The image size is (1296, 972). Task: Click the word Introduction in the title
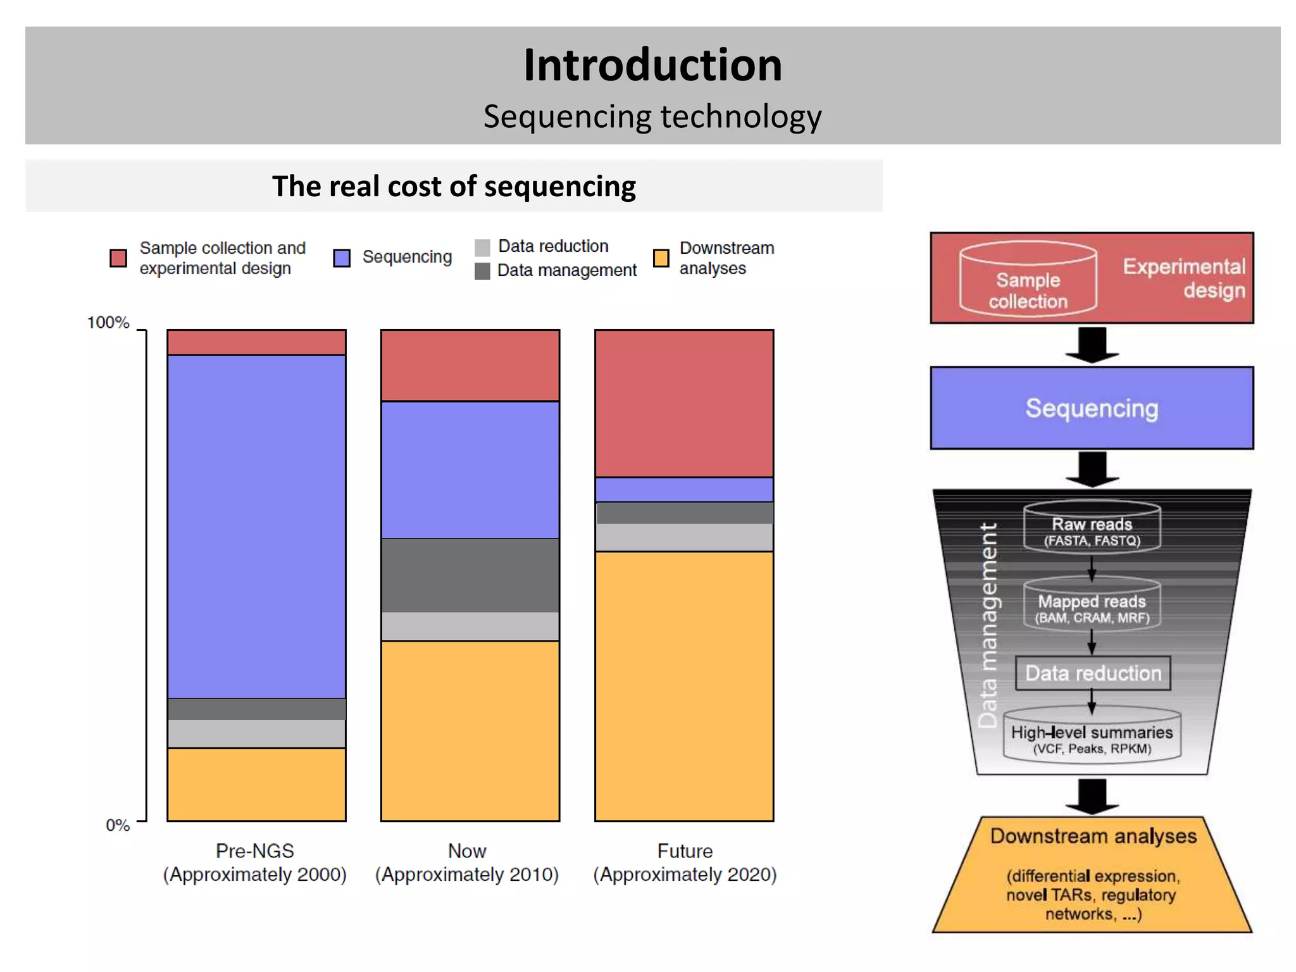click(x=652, y=65)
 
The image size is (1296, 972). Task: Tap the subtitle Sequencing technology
click(x=652, y=117)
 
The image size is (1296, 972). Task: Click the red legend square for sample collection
click(x=118, y=258)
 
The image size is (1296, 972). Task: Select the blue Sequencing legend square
click(x=342, y=258)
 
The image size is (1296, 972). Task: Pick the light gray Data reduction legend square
click(x=482, y=247)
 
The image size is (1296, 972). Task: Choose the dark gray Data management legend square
click(x=482, y=271)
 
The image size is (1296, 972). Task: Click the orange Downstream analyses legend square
click(x=661, y=258)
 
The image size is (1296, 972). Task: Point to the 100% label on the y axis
click(x=108, y=323)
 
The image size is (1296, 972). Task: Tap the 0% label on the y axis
click(x=117, y=825)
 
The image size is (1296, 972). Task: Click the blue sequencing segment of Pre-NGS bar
click(x=256, y=525)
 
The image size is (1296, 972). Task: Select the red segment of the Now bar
click(x=470, y=365)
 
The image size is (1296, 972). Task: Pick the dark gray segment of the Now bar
click(x=470, y=575)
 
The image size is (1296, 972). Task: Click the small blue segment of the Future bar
click(x=683, y=489)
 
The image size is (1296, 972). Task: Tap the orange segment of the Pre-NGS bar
click(x=256, y=785)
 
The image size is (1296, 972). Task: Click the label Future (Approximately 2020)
click(x=685, y=863)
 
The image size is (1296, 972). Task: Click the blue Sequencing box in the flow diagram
click(x=1092, y=408)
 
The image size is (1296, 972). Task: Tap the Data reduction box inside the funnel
click(x=1093, y=673)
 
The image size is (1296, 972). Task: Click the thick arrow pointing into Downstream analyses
click(x=1092, y=796)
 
